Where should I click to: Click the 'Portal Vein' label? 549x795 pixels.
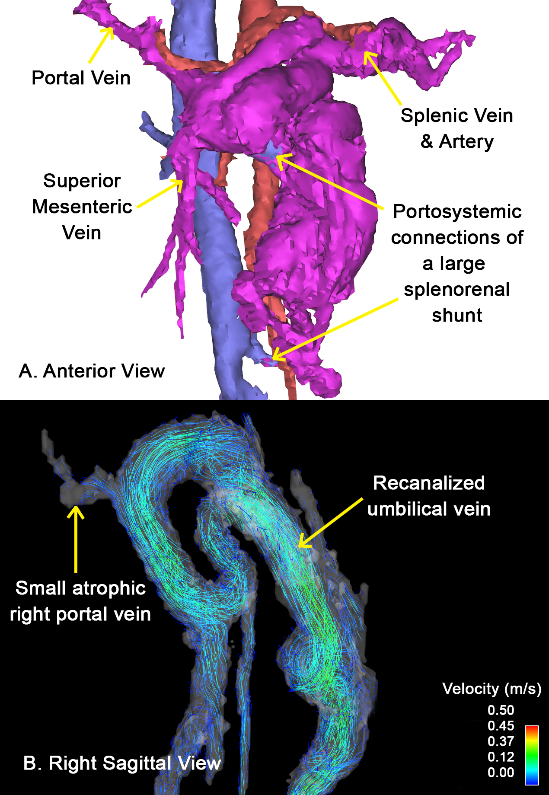coord(81,78)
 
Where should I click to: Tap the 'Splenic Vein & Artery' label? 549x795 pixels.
coord(456,128)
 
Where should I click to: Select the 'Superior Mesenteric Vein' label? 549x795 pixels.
coord(82,207)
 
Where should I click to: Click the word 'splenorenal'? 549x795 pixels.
coord(456,290)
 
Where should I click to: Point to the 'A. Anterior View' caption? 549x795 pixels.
coord(92,371)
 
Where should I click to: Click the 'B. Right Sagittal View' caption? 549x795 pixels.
coord(122,763)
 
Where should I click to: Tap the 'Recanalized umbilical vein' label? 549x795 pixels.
coord(429,496)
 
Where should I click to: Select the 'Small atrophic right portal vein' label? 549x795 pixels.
coord(80,601)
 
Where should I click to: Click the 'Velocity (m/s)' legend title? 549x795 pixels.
coord(492,689)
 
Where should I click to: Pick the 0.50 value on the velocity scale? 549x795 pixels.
coord(501,710)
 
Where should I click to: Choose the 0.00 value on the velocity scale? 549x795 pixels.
coord(501,773)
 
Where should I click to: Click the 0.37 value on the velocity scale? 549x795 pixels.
coord(501,741)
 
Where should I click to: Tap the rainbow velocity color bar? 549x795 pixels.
coord(532,755)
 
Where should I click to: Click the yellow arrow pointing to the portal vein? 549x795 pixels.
coord(101,45)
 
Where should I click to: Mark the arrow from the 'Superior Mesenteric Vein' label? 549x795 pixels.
coord(160,194)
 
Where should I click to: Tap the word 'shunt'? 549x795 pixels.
coord(457,316)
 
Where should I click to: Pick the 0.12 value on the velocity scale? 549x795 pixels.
coord(501,757)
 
